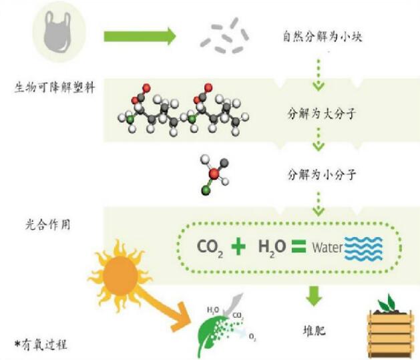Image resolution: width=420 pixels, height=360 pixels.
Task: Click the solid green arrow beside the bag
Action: pyautogui.click(x=138, y=34)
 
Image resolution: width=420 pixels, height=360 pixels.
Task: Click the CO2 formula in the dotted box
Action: pyautogui.click(x=210, y=247)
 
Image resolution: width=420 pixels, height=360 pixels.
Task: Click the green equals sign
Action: pyautogui.click(x=298, y=246)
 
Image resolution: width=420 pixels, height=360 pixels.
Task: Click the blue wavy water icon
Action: pyautogui.click(x=363, y=248)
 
